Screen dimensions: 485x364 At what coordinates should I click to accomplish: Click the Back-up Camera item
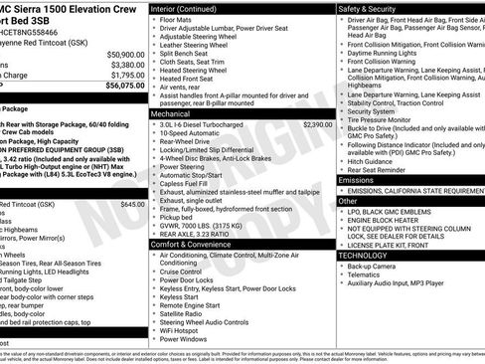(373, 267)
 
